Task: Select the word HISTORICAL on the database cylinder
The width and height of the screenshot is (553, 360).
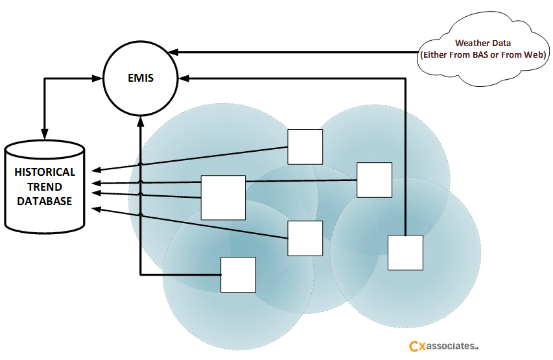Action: pyautogui.click(x=45, y=172)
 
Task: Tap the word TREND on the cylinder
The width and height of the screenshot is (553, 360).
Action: pyautogui.click(x=45, y=187)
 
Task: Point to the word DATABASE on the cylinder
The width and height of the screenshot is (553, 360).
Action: pyautogui.click(x=45, y=201)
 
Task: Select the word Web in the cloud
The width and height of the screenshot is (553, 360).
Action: pyautogui.click(x=535, y=55)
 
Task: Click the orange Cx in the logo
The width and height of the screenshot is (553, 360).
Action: pyautogui.click(x=416, y=347)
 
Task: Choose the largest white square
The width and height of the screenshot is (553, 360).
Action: pyautogui.click(x=223, y=197)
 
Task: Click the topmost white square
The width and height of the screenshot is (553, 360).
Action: pyautogui.click(x=305, y=147)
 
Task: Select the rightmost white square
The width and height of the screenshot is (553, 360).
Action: pyautogui.click(x=405, y=252)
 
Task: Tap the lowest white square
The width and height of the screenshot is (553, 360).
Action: pyautogui.click(x=238, y=274)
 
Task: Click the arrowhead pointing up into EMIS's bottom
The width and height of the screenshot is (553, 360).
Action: pyautogui.click(x=140, y=121)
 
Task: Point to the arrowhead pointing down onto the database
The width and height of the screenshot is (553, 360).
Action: pyautogui.click(x=44, y=134)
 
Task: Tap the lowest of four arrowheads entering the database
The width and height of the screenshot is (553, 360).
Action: pyautogui.click(x=95, y=208)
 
